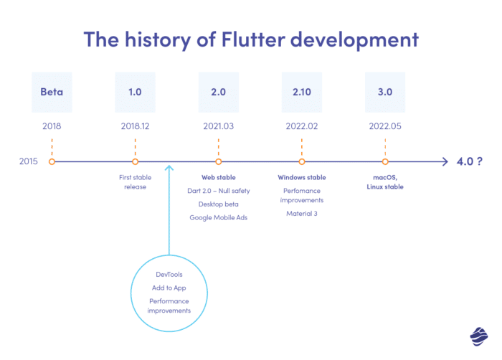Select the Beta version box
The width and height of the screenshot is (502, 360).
coord(52,93)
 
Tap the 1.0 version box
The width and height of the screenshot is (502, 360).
coord(135,93)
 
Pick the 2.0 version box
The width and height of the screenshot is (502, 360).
coord(219,93)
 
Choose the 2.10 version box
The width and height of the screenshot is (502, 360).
coord(302,93)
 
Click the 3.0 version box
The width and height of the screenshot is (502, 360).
coord(385,93)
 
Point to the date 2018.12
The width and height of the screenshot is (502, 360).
coord(135,126)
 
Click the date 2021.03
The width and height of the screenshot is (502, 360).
coord(219,126)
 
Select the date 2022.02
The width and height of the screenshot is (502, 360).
coord(302,126)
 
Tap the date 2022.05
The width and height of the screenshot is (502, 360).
coord(385,126)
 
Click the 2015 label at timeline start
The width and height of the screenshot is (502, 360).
coord(29,162)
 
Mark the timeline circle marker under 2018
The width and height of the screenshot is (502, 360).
coord(52,162)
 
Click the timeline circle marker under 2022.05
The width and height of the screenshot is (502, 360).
coord(385,162)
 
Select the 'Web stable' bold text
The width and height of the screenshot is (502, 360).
coord(219,177)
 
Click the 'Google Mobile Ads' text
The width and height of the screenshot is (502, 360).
coord(219,217)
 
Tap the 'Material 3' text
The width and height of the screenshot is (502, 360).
coord(302,213)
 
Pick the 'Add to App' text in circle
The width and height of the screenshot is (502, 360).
coord(169,288)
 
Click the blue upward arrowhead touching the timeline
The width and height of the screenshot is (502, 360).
coord(169,169)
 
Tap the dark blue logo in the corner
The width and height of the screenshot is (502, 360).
coord(479,335)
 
